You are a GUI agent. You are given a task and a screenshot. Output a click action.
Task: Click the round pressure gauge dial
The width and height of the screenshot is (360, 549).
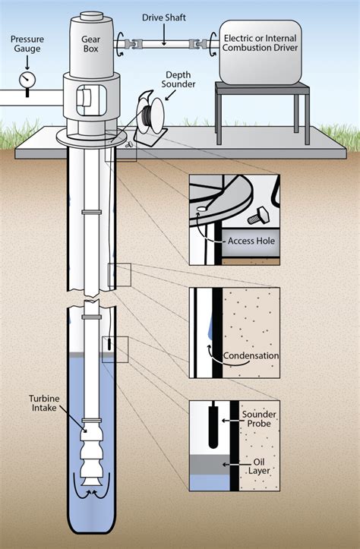pyautogui.click(x=27, y=78)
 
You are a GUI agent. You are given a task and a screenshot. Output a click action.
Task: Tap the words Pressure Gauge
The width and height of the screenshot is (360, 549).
pyautogui.click(x=27, y=43)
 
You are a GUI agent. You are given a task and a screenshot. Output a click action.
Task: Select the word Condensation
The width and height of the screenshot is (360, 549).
pyautogui.click(x=251, y=355)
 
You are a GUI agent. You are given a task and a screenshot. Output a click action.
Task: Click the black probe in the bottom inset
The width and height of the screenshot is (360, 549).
pyautogui.click(x=214, y=425)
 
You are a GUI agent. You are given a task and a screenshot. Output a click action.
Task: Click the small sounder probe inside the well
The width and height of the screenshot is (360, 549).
pyautogui.click(x=109, y=344)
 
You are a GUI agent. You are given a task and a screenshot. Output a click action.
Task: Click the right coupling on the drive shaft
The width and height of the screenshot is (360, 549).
pyautogui.click(x=204, y=46)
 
